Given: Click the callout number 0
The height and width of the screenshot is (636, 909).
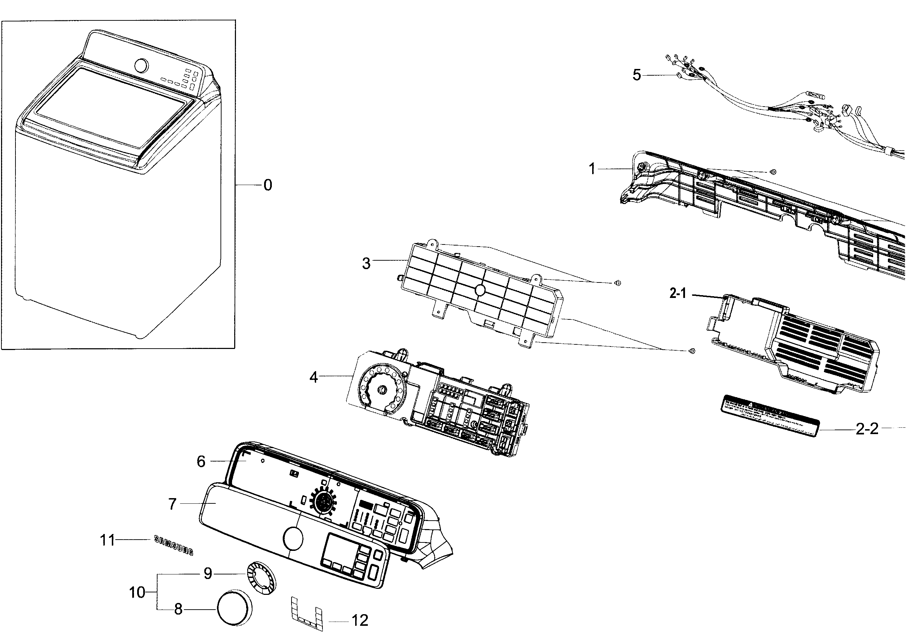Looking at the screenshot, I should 268,185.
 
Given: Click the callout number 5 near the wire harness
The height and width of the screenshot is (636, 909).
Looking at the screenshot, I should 636,75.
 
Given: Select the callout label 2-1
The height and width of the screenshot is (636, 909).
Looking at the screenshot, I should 677,293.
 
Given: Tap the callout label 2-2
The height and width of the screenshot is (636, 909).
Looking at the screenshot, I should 867,428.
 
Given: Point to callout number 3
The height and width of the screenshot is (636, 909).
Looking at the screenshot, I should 366,263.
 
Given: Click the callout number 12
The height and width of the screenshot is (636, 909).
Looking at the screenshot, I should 360,620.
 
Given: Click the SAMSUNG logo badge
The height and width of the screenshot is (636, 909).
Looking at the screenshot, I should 173,545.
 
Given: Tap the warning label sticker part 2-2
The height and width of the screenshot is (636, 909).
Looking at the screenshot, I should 772,415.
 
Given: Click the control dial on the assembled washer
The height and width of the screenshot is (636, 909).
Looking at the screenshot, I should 141,66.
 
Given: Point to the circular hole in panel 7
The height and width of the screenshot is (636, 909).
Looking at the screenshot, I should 293,539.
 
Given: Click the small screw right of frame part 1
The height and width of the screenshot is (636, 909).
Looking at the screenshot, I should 773,171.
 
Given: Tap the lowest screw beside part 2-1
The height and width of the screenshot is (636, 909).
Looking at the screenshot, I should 692,351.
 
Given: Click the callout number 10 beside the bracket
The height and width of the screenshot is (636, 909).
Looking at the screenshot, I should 137,592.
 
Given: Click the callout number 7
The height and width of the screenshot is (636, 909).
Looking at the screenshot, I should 172,504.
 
